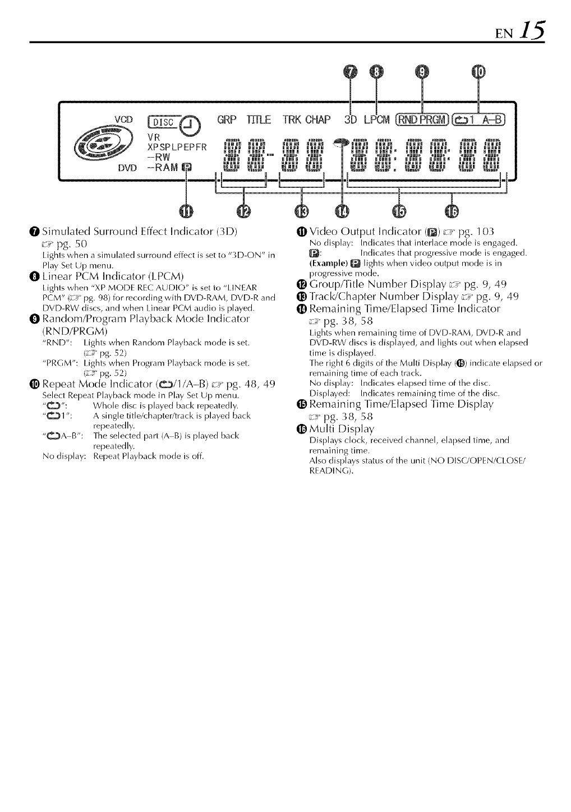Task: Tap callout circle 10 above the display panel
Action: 478,71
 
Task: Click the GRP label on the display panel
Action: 225,120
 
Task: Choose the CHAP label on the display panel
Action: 319,120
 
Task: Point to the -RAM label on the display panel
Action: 163,167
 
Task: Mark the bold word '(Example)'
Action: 328,262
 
